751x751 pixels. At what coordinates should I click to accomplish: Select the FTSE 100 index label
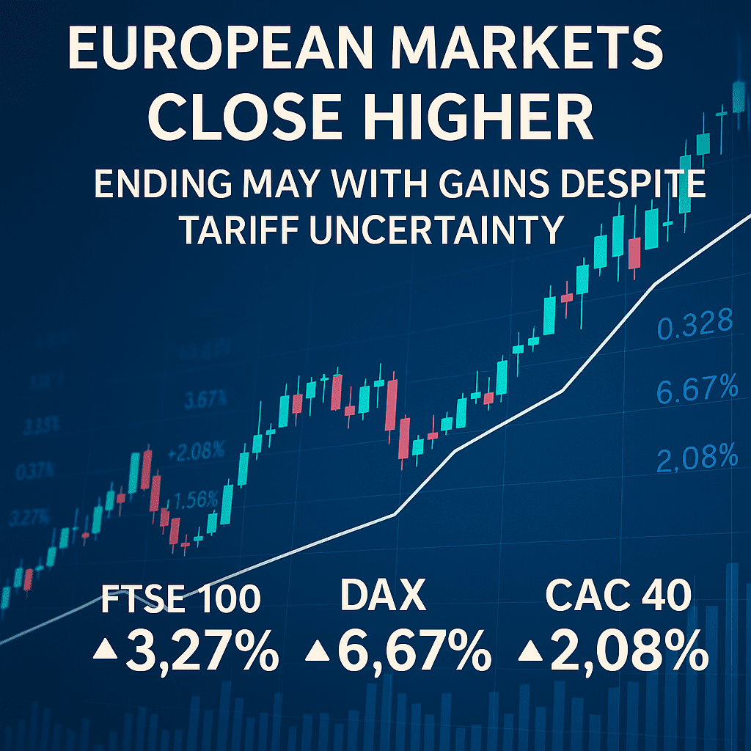[x=180, y=599]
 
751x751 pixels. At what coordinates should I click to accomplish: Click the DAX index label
[x=384, y=596]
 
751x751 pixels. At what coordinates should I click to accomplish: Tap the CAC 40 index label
[x=619, y=596]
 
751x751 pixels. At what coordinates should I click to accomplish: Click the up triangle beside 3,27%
[x=106, y=651]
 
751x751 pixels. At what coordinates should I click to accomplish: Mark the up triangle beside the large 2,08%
[x=528, y=651]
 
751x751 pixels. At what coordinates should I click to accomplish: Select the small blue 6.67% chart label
[x=696, y=389]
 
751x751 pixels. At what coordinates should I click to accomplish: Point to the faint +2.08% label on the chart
[x=196, y=452]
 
